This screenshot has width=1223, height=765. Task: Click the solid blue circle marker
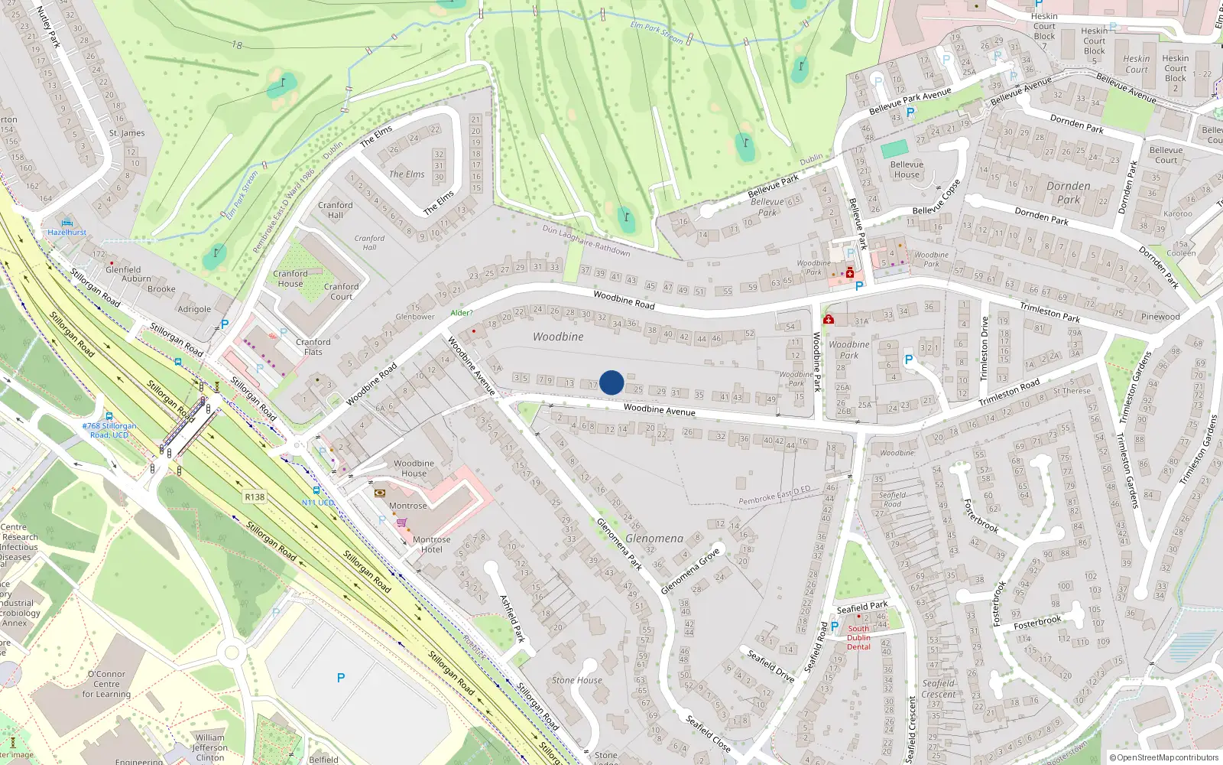point(611,382)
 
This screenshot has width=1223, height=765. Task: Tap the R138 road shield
point(255,497)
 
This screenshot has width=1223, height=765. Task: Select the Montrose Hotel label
point(431,544)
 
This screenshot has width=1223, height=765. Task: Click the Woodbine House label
point(414,468)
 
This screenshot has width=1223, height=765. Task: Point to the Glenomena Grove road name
point(690,570)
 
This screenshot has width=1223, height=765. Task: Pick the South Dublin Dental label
point(858,638)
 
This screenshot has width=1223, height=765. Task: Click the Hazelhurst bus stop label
point(67,232)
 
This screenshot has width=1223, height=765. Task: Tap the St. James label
point(127,133)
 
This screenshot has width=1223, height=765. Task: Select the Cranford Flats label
point(313,347)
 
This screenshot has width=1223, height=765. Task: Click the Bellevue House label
point(907,169)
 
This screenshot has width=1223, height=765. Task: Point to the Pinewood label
point(1160,317)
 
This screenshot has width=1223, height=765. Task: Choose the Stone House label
point(577,680)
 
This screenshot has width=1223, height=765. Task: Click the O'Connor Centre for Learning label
point(106,684)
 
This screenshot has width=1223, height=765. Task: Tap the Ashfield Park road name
point(513,618)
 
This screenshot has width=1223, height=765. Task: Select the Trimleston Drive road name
point(985,348)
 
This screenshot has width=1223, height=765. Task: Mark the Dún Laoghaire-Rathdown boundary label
point(586,240)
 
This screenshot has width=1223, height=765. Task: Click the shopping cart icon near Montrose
point(401,522)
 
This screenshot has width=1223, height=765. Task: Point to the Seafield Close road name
point(708,734)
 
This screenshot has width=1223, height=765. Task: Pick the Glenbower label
point(415,317)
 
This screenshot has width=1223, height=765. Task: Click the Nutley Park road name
point(48,26)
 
